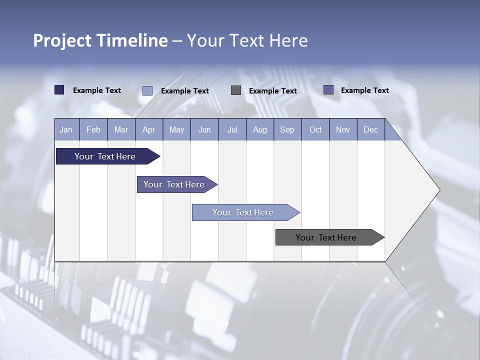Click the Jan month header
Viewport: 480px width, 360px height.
[x=66, y=130]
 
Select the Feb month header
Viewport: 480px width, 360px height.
[x=93, y=130]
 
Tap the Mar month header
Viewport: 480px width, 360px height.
[x=121, y=130]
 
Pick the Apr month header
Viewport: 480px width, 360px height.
[x=149, y=130]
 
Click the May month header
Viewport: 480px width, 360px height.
[x=176, y=130]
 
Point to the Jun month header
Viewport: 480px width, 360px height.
[x=204, y=130]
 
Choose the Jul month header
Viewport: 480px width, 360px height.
[x=232, y=130]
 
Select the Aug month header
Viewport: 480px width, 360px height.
[x=260, y=130]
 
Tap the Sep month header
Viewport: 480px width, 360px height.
[x=287, y=130]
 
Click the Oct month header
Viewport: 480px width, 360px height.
[x=315, y=130]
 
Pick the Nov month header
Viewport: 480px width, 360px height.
[x=343, y=130]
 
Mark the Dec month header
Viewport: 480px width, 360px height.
[x=371, y=130]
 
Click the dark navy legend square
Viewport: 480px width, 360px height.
[x=59, y=90]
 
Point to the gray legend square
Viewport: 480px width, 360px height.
[x=236, y=90]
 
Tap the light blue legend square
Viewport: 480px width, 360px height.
[x=147, y=90]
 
